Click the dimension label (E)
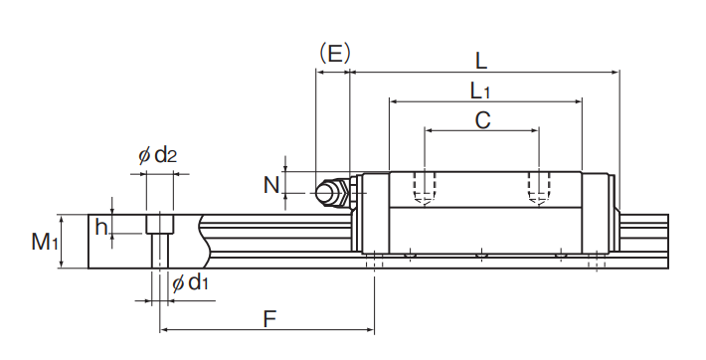(x=334, y=54)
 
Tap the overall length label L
(x=481, y=61)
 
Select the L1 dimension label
(x=480, y=90)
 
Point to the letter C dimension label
(x=482, y=120)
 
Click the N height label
(x=271, y=185)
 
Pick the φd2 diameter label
(x=157, y=155)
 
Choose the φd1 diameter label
(x=191, y=282)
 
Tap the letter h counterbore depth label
(x=100, y=227)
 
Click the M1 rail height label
(x=45, y=242)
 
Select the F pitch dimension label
(x=269, y=319)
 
